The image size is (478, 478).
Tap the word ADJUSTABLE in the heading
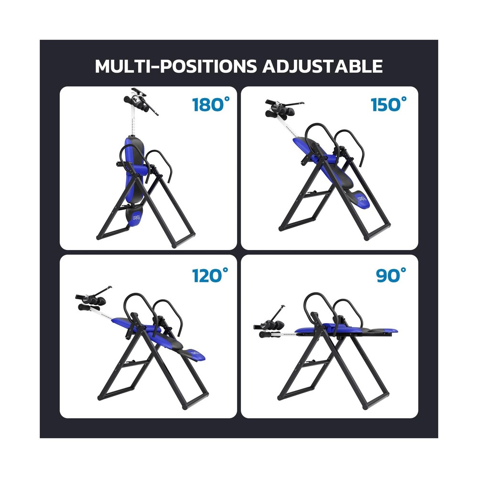322,66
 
